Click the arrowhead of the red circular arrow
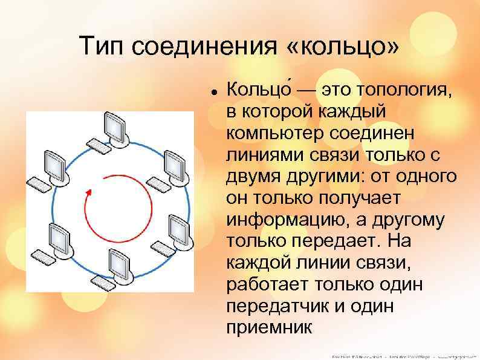88,192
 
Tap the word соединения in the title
205,46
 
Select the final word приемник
269,327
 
